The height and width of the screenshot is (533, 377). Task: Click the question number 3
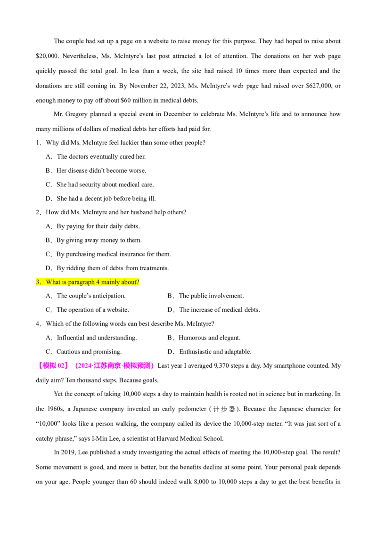pos(37,282)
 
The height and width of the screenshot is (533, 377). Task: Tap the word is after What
pos(64,282)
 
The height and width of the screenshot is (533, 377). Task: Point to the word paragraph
pos(81,282)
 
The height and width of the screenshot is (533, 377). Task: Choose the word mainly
pos(110,282)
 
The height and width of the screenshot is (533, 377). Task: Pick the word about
pos(129,282)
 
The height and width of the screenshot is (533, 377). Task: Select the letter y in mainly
pos(119,283)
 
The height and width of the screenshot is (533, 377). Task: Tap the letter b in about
pos(126,282)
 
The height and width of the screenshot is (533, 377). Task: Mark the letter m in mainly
pos(103,283)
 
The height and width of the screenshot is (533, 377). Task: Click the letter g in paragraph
pos(80,283)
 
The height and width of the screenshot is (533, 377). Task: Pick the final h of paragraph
pos(93,282)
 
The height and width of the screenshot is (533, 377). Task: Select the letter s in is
pos(65,283)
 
